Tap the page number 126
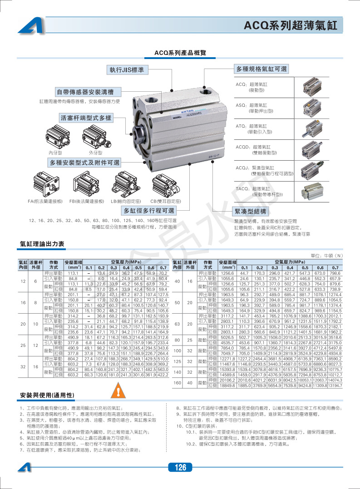(180, 468)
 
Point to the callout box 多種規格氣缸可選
(261, 69)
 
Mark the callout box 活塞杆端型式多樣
(86, 118)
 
